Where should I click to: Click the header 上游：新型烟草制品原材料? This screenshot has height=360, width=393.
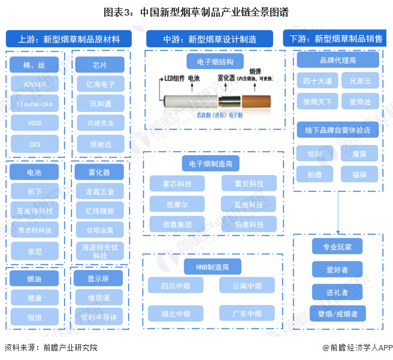[69, 40]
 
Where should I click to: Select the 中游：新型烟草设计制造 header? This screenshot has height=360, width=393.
[210, 40]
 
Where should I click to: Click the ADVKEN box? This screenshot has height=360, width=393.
[35, 84]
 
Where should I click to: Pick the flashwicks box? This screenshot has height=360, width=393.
[35, 104]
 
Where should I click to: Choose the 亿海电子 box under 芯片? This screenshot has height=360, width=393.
[100, 84]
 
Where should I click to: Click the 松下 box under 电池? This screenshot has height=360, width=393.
[35, 192]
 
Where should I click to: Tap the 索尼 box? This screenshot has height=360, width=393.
[35, 250]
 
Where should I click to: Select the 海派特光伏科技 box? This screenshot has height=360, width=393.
[100, 251]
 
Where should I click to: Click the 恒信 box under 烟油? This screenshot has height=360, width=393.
[35, 317]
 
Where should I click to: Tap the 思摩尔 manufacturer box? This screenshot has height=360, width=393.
[177, 204]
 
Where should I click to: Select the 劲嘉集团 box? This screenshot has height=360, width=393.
[177, 225]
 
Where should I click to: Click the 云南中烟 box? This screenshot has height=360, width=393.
[247, 286]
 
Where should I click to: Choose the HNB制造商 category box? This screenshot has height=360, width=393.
[212, 266]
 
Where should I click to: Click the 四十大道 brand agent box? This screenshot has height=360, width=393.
[318, 81]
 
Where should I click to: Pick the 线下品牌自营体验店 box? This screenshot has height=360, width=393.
[337, 130]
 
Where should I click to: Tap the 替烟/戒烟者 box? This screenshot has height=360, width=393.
[338, 313]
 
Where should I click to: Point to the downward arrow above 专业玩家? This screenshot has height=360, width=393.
[338, 228]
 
